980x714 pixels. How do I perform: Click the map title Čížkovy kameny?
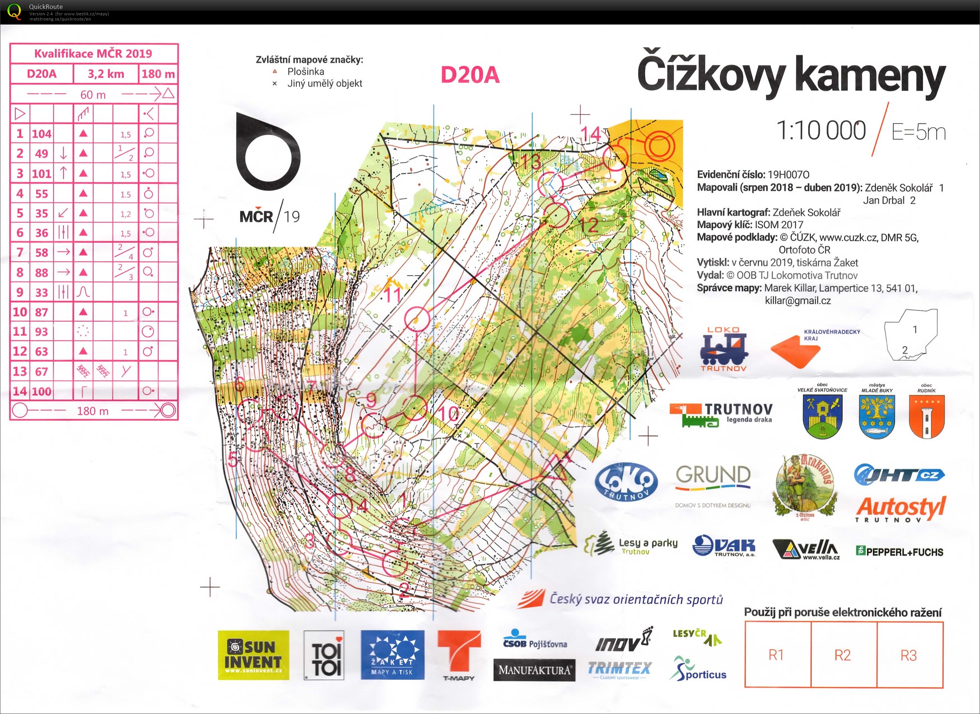click(x=791, y=76)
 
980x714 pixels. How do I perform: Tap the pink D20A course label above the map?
click(x=470, y=75)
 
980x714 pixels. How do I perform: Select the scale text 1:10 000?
click(x=820, y=130)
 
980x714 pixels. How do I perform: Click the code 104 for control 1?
click(x=41, y=133)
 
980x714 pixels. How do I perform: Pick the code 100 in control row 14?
click(x=41, y=391)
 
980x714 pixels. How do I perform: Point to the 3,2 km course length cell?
click(x=106, y=74)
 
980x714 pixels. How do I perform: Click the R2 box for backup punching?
click(x=842, y=655)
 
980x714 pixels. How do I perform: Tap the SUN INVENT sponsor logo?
click(x=253, y=655)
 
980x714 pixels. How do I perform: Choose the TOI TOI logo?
click(x=324, y=655)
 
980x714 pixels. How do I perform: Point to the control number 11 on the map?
click(x=393, y=295)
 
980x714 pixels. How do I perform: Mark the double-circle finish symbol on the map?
click(x=659, y=144)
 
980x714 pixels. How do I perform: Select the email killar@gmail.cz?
click(x=798, y=301)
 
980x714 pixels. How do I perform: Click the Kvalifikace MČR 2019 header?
click(x=93, y=54)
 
